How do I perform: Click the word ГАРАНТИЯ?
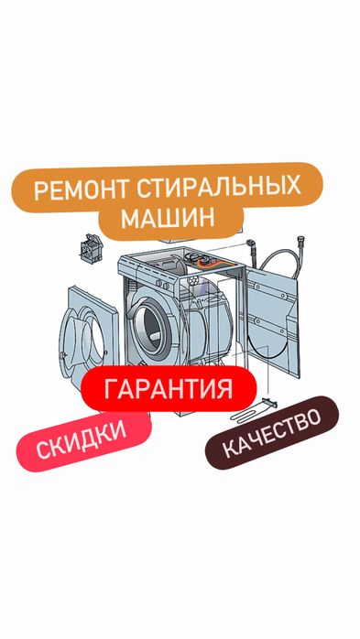point(168,388)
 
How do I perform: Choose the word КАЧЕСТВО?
point(271,434)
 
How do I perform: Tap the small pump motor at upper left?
point(92,245)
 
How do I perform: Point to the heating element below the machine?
point(271,404)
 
